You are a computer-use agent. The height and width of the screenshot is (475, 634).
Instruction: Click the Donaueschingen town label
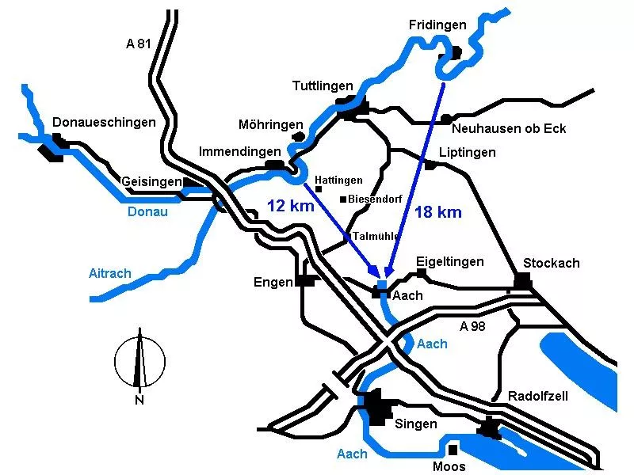(x=104, y=122)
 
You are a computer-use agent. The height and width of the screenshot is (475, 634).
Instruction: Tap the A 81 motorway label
(x=138, y=44)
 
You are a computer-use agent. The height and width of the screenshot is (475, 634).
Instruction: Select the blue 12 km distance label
(x=290, y=206)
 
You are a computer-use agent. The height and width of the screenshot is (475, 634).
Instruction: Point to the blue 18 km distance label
(x=438, y=212)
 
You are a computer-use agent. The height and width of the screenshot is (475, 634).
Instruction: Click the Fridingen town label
(x=437, y=25)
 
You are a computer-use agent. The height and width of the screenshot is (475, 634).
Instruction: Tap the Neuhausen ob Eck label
(x=509, y=128)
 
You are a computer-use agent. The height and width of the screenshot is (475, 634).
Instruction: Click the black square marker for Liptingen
(x=430, y=165)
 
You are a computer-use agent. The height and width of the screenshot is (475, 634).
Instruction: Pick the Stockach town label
(x=551, y=263)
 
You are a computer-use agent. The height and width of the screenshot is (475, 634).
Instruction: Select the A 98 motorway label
(x=473, y=325)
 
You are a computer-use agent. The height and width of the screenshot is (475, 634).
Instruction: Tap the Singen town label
(x=415, y=424)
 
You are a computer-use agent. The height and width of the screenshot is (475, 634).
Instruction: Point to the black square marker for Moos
(x=453, y=449)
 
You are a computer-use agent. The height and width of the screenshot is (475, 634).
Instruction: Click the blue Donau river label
(x=148, y=211)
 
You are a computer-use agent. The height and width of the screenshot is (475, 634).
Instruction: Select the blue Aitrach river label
(x=110, y=274)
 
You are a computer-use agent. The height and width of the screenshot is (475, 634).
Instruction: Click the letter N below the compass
(x=139, y=400)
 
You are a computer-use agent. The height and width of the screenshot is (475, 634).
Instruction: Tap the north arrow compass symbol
(x=139, y=360)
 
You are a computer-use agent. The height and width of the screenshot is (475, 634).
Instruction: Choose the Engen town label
(x=273, y=283)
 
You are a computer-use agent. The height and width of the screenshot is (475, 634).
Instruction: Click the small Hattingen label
(x=339, y=180)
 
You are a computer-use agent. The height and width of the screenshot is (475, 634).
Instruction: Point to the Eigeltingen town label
(x=449, y=261)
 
